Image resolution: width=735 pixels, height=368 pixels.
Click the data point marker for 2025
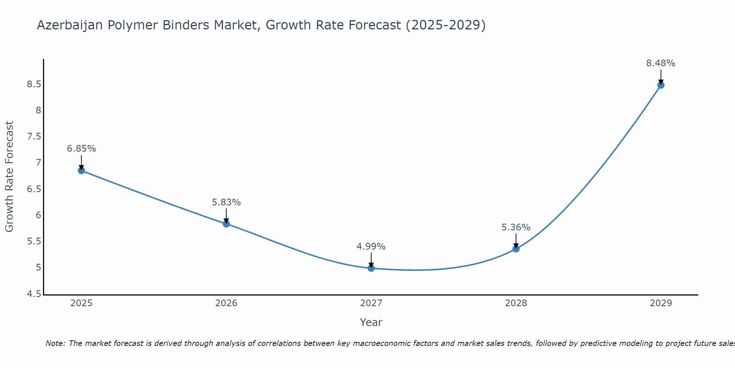[81, 170]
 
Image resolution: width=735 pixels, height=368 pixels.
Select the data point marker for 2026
[226, 224]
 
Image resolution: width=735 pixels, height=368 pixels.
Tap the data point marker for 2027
[371, 268]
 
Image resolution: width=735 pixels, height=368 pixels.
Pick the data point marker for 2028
[516, 249]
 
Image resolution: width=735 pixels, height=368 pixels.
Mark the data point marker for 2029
[661, 85]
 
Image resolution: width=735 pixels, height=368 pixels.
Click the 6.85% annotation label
[81, 149]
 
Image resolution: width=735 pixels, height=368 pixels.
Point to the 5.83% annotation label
[226, 202]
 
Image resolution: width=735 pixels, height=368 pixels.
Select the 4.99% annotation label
[371, 247]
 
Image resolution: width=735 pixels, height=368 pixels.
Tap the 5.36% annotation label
[516, 227]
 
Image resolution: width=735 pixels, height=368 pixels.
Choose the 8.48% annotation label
[661, 63]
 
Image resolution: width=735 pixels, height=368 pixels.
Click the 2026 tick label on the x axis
[226, 303]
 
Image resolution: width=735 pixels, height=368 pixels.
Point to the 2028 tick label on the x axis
[516, 303]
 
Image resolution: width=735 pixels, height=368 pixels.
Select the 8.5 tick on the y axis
[34, 84]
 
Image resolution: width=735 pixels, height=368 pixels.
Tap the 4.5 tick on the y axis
[34, 294]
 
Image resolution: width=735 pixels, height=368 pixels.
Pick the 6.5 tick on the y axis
[34, 189]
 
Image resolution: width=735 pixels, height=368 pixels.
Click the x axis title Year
[371, 322]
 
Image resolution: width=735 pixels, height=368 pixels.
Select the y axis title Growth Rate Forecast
[10, 177]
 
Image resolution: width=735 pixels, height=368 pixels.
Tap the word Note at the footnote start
[55, 343]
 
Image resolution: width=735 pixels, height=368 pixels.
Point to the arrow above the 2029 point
[661, 77]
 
